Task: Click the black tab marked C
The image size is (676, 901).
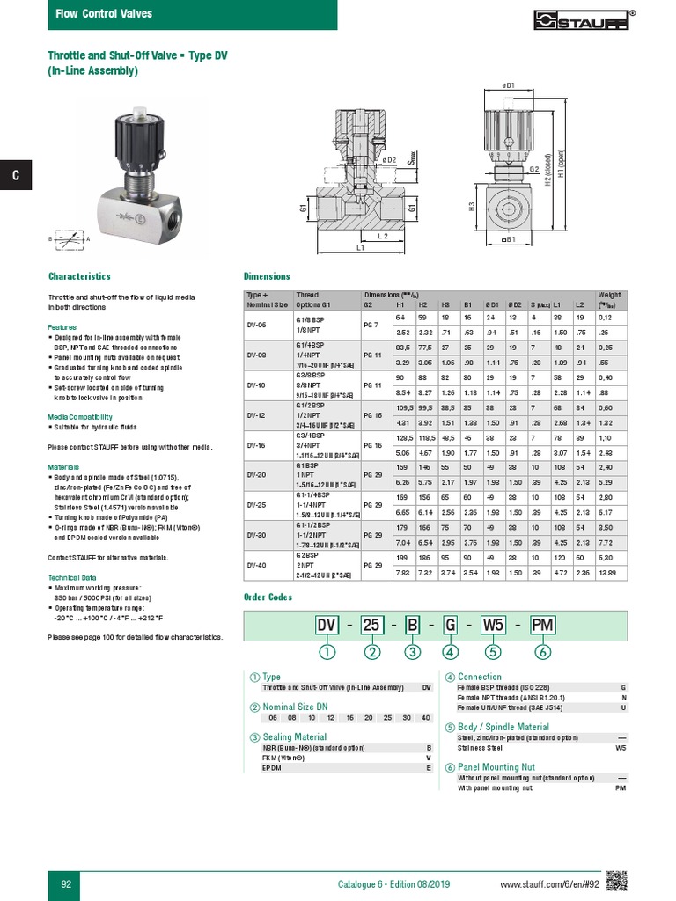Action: coord(15,176)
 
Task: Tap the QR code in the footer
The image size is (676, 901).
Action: coord(616,880)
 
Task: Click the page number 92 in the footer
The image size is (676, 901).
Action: coord(65,883)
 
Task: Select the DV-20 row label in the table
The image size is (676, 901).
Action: coord(256,473)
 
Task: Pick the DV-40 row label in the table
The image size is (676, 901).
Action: coord(256,565)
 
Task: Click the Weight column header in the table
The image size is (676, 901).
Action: coord(610,295)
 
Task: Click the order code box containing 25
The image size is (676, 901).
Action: coord(372,626)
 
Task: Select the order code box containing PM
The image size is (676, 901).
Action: coord(543,626)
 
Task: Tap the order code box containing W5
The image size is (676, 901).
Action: coord(492,626)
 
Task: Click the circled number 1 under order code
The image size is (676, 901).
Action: coord(328,652)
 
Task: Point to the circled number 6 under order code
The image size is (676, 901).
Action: coord(543,652)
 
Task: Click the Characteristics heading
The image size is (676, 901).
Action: coord(79,275)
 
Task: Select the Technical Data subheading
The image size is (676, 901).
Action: coord(74,577)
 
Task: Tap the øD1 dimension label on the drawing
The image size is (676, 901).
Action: coord(507,84)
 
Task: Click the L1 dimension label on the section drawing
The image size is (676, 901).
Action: coord(361,249)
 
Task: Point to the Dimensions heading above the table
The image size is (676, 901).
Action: coord(265,275)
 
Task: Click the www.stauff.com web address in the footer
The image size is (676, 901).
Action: coord(549,883)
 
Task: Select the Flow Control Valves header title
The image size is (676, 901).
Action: coord(104,14)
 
